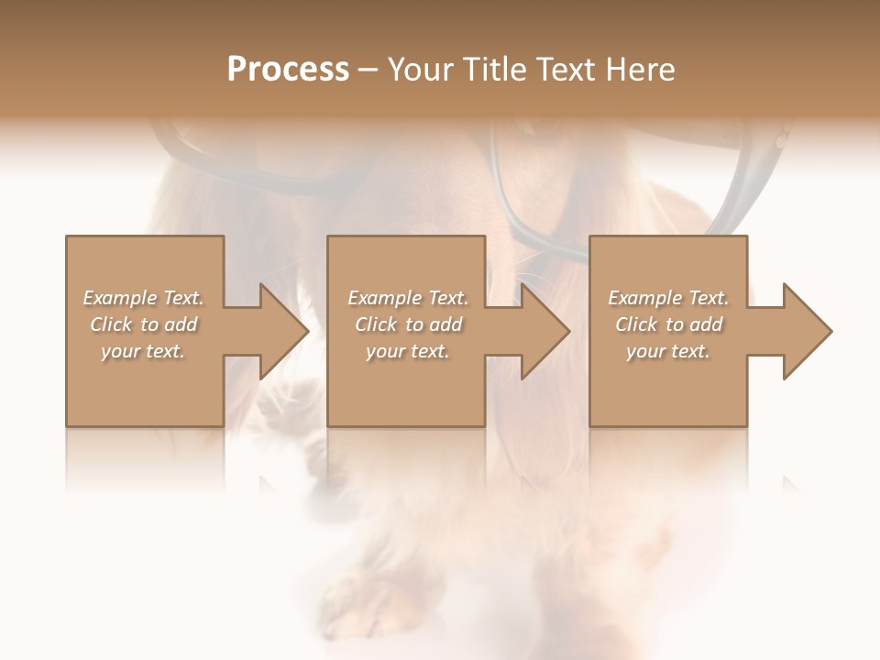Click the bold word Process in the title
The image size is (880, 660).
point(288,70)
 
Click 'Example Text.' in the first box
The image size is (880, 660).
point(144,298)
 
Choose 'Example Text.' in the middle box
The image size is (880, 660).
point(408,298)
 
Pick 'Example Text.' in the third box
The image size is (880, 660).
point(668,298)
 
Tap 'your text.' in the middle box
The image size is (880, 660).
point(407,351)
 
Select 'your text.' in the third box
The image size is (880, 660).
point(667,351)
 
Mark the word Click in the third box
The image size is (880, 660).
point(637,324)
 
